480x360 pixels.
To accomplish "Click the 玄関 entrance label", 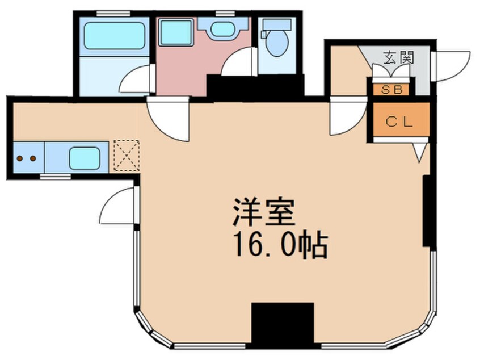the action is [398, 57].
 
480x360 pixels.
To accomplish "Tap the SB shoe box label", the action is [392, 90].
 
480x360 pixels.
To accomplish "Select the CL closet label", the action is [399, 122].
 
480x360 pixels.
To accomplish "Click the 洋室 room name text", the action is [264, 212].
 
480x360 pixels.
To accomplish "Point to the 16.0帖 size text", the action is [280, 245].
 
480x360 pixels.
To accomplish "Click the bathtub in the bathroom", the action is [114, 35].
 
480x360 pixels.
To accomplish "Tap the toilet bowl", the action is [277, 43].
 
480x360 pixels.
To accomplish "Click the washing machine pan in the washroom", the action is [176, 32].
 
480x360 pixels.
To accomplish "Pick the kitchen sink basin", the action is [85, 158].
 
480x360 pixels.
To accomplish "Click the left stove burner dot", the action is [20, 158].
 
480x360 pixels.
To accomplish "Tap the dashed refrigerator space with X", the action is [127, 156].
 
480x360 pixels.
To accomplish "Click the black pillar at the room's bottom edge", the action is [283, 324].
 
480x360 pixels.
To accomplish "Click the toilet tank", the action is [277, 24].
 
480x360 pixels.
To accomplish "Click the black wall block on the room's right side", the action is [426, 211].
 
